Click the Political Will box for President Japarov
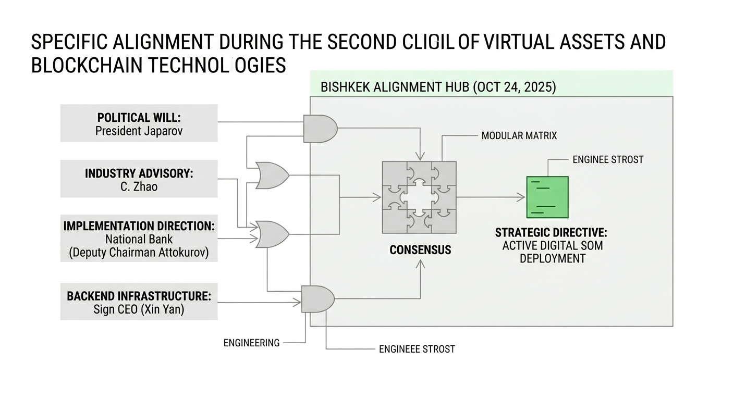139,123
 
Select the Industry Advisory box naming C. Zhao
139,179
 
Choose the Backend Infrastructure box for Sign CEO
139,302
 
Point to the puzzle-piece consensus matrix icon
419,197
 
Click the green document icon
547,197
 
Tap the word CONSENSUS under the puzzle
420,250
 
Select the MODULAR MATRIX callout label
519,136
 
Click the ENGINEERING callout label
251,343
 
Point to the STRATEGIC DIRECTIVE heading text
551,232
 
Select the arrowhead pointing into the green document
521,197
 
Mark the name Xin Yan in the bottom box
165,309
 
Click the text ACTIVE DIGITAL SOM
553,245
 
